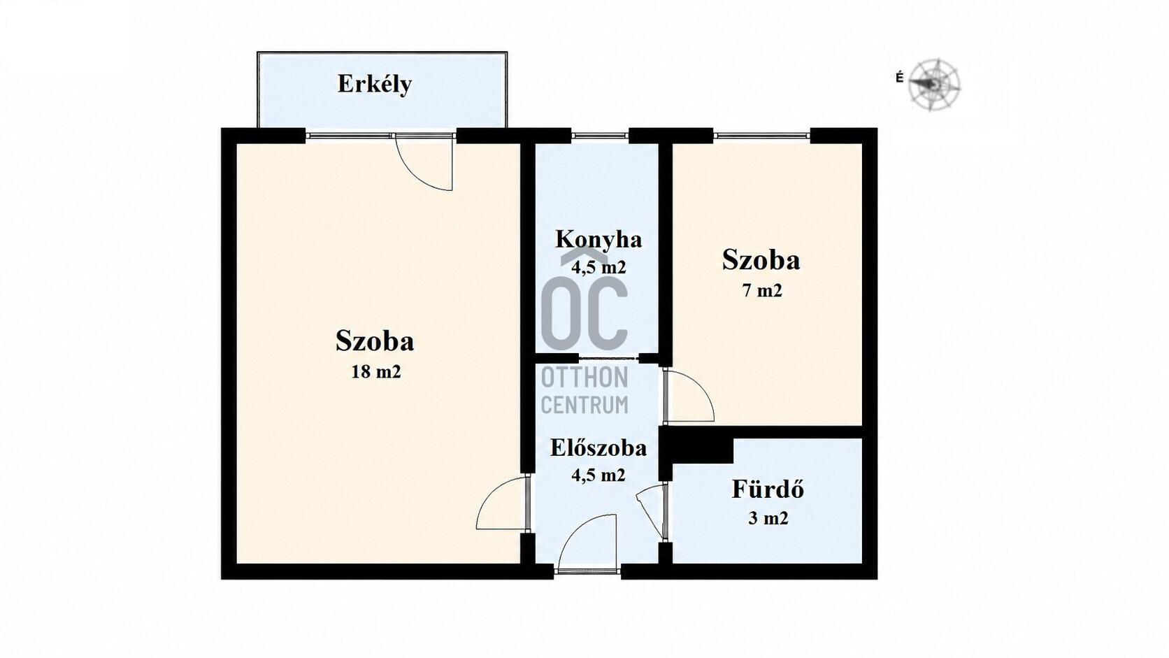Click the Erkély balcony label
[375, 85]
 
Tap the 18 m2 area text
[375, 371]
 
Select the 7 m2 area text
[762, 291]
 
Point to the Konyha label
[598, 240]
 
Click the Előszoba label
[598, 448]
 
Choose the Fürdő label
[768, 489]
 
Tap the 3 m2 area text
[768, 518]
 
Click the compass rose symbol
[934, 85]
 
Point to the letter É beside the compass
[899, 78]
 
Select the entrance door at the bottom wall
[587, 543]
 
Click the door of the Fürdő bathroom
[652, 511]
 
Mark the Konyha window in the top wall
[600, 136]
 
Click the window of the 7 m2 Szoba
[761, 136]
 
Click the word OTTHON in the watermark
[584, 378]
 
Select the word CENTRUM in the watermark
[584, 405]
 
